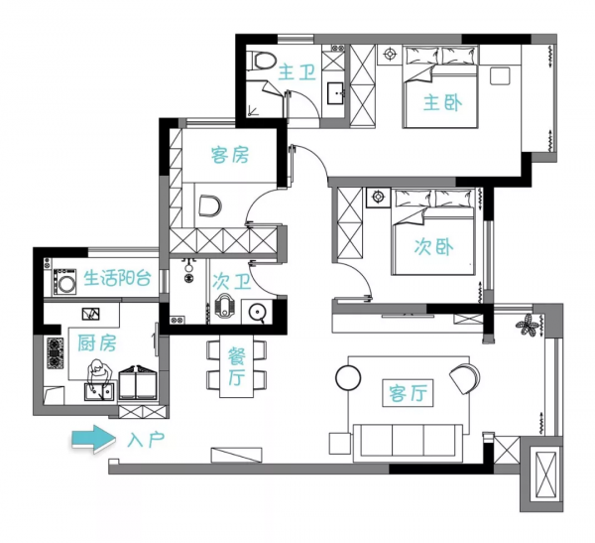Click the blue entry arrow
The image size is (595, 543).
[94, 440]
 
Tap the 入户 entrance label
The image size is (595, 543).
[146, 440]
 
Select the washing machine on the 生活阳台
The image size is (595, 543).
[64, 281]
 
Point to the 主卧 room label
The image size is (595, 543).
[443, 102]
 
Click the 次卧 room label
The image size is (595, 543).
[433, 247]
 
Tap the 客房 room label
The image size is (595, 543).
[230, 155]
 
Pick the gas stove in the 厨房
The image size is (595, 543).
[56, 353]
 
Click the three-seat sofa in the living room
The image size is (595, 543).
[408, 443]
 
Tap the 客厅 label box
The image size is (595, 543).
[408, 393]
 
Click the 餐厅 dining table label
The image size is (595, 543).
[236, 366]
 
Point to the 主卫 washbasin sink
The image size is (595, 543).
[336, 93]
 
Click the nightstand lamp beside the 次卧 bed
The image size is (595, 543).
[378, 197]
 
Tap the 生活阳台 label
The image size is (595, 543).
[118, 278]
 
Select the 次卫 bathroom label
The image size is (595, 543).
[231, 282]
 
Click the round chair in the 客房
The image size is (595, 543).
[210, 206]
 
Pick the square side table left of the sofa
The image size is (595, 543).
[340, 444]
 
